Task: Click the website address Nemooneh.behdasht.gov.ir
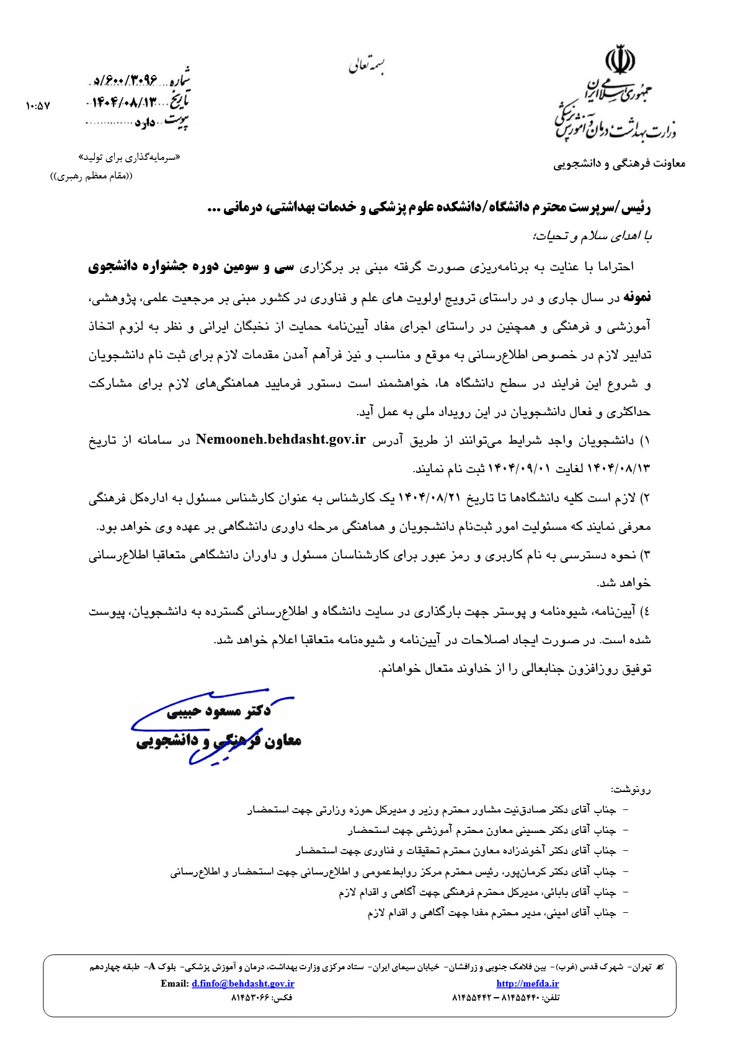pos(280,440)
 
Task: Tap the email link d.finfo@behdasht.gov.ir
pos(242,984)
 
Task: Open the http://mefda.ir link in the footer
pos(527,984)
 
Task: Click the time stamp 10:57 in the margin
pos(38,106)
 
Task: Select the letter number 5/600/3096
pos(124,81)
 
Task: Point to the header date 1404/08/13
pos(124,102)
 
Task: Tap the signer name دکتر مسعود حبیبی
pos(219,712)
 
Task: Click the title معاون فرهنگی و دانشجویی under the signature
pos(219,741)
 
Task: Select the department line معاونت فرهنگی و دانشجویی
pos(619,164)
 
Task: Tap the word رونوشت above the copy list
pos(631,790)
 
